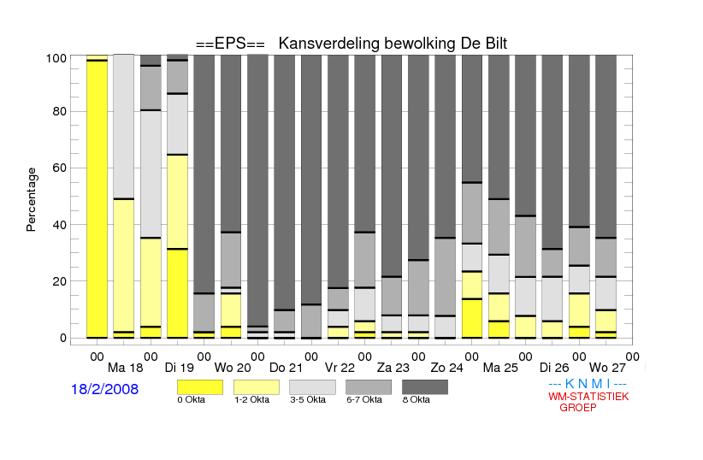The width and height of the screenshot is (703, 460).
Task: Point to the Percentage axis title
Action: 32,199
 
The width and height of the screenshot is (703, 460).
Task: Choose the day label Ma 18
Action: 124,368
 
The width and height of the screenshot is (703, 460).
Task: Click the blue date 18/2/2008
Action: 104,389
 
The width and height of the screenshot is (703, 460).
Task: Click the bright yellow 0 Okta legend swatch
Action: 193,387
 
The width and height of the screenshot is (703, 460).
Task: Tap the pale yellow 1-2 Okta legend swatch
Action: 250,387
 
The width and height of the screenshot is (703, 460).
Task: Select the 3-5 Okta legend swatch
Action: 306,387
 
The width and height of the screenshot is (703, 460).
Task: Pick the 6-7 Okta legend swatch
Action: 363,387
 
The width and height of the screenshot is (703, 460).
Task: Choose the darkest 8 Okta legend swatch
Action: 419,387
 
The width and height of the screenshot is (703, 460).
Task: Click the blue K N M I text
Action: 588,384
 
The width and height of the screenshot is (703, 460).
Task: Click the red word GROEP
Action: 578,408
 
